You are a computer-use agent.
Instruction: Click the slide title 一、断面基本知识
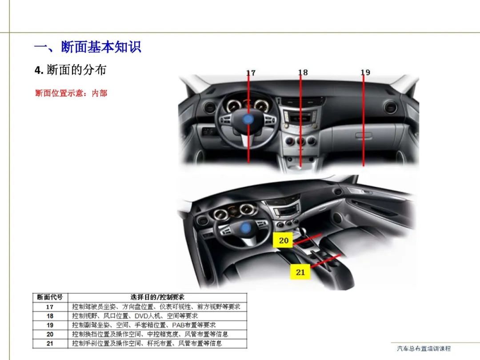tap(88, 47)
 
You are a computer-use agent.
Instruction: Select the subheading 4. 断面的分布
tap(70, 70)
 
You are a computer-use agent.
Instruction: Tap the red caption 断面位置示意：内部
tap(71, 93)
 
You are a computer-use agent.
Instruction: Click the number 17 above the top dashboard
tap(251, 73)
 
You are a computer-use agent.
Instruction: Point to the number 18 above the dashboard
tap(303, 72)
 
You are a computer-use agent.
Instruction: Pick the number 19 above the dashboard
tap(365, 72)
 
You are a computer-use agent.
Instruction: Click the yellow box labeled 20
tap(283, 240)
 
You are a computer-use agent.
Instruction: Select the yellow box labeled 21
tap(300, 272)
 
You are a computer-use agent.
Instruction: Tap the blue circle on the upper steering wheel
tap(248, 120)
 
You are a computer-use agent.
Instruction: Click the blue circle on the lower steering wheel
tap(245, 228)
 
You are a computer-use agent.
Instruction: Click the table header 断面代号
tap(50, 297)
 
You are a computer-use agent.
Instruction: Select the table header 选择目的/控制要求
tap(157, 297)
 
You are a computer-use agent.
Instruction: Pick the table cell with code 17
tap(50, 307)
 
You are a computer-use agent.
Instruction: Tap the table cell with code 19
tap(50, 325)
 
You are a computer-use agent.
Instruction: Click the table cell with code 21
tap(50, 344)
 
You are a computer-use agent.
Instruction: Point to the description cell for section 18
tap(157, 316)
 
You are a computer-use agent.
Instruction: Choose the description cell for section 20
tap(157, 334)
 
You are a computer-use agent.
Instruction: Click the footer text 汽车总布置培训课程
tap(424, 348)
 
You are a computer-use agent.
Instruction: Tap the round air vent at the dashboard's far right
tap(390, 107)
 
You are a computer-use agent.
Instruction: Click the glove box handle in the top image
tap(364, 135)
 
